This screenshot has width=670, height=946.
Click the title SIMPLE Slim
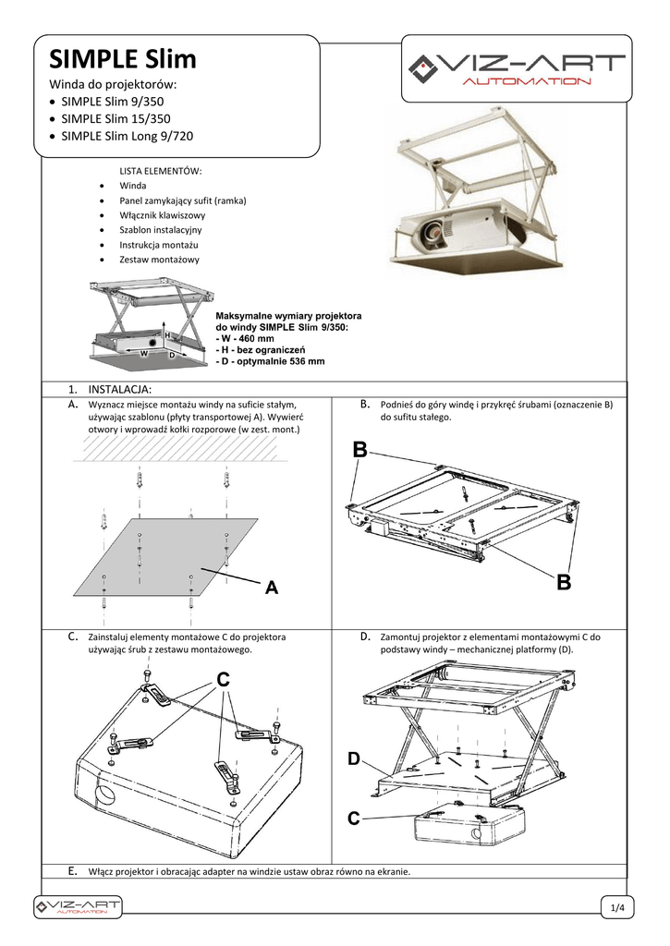[x=123, y=60]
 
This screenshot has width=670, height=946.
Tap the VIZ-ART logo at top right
[x=518, y=68]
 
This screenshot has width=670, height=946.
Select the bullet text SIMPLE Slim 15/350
[x=116, y=119]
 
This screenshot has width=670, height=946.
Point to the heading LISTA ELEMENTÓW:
[x=161, y=171]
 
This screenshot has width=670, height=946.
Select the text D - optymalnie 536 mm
[x=270, y=362]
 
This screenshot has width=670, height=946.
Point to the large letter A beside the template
[x=272, y=588]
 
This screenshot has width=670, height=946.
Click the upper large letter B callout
[x=360, y=450]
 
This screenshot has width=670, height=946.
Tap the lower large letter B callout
[x=564, y=584]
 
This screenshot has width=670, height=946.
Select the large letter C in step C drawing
[x=223, y=680]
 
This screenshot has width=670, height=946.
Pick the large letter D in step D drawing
[x=354, y=759]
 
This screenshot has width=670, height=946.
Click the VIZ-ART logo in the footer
[x=78, y=906]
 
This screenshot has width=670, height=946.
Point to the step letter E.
[x=73, y=871]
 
